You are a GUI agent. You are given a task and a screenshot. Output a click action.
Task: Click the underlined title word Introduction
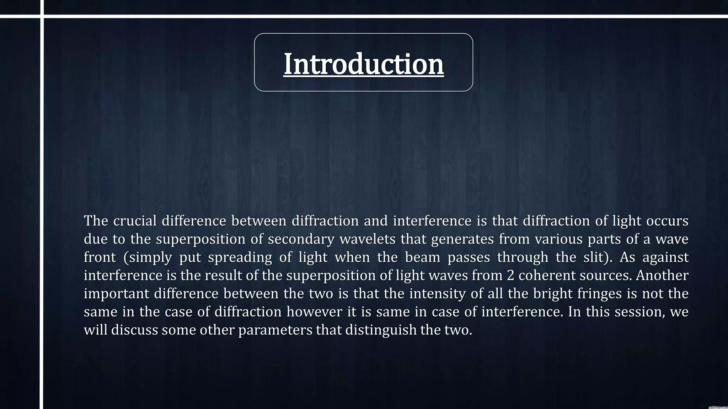[x=364, y=64]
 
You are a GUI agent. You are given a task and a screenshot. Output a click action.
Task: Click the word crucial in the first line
[x=135, y=221]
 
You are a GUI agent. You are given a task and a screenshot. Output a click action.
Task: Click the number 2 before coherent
[x=510, y=276]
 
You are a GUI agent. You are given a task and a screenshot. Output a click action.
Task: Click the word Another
[x=662, y=276]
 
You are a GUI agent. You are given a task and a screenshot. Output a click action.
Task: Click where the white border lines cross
[x=42, y=16]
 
